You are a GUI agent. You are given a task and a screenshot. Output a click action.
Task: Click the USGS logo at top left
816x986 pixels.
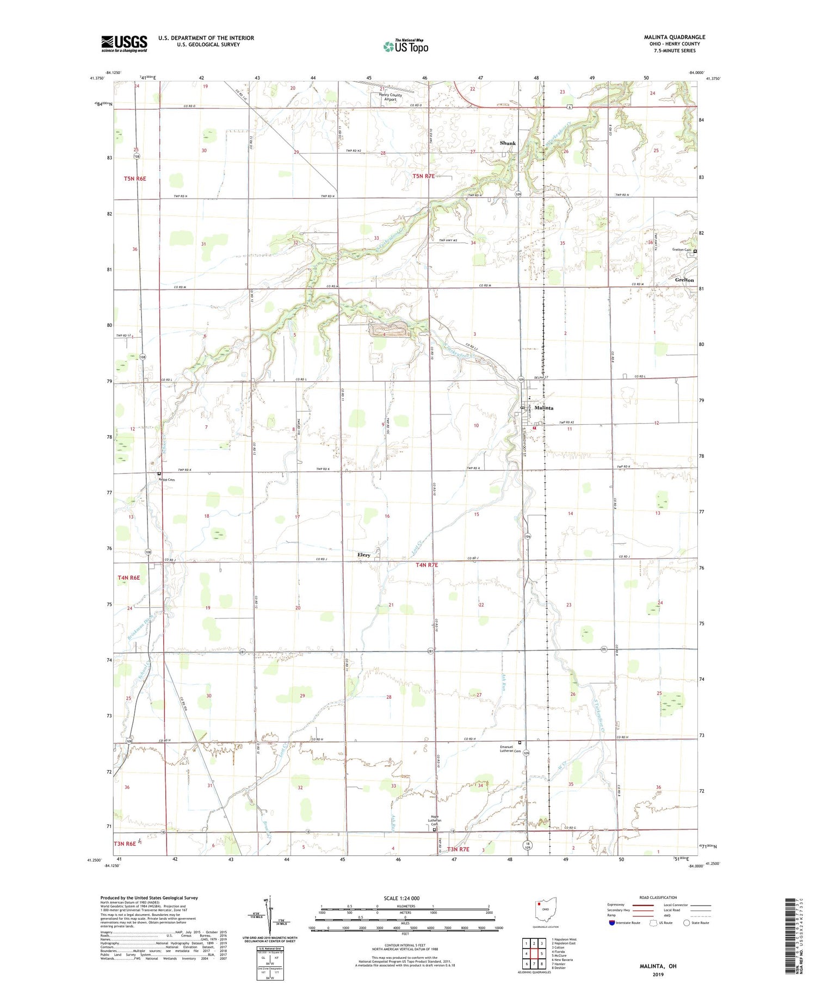(124, 44)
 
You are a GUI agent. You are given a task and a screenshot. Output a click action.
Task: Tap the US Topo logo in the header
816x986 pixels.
(406, 46)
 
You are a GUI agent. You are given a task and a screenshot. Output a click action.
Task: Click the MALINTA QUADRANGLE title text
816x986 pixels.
(674, 37)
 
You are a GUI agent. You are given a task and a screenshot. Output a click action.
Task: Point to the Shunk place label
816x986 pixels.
(508, 143)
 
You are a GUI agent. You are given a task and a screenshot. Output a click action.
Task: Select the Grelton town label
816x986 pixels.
(684, 280)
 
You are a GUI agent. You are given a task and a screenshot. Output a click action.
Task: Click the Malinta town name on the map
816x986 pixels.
(543, 407)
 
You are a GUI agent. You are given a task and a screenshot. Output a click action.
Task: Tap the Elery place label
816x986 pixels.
(363, 555)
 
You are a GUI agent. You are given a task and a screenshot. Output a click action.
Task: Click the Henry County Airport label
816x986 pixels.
(391, 97)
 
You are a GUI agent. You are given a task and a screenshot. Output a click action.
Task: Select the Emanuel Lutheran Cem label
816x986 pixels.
(510, 749)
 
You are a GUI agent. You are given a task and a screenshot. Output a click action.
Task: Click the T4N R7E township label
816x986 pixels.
(426, 565)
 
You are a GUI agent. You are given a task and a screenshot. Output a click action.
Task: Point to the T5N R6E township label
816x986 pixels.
(135, 178)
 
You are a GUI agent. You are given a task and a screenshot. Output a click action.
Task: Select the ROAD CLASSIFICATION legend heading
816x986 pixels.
(658, 897)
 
